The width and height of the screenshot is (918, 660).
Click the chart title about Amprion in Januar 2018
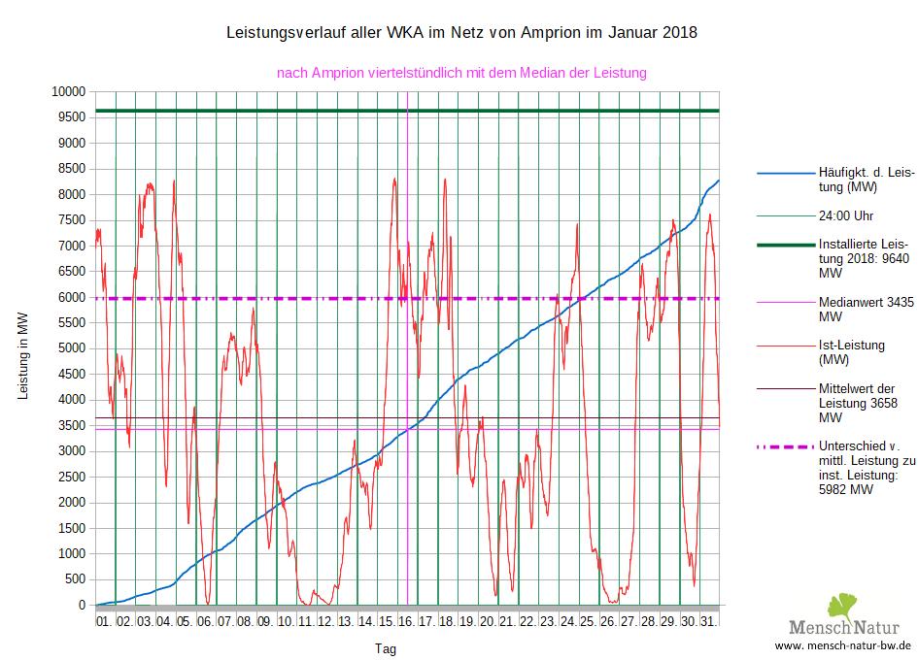tap(460, 33)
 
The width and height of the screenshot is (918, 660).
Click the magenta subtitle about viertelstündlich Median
tap(461, 73)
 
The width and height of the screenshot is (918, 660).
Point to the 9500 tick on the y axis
tap(72, 116)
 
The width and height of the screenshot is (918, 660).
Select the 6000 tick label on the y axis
tap(72, 297)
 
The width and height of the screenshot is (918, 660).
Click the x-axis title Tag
tap(385, 647)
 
